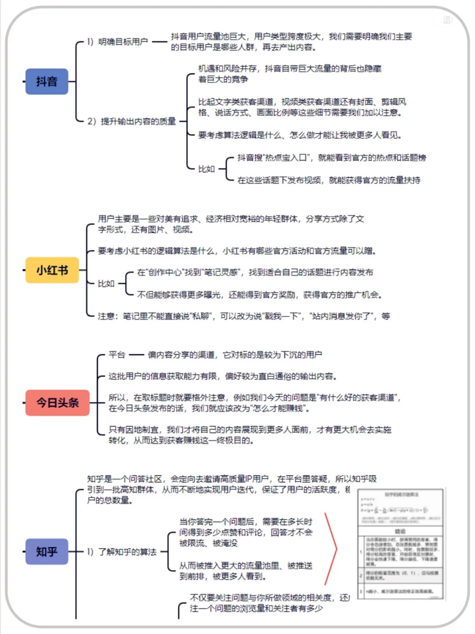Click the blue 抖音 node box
(x=47, y=81)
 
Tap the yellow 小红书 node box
(x=52, y=270)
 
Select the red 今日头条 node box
(x=57, y=402)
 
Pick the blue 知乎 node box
(x=47, y=551)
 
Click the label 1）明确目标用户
(x=117, y=42)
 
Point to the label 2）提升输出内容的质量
(x=132, y=121)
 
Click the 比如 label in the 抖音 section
(x=206, y=169)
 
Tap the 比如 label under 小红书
(x=106, y=284)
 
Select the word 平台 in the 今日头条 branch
(x=117, y=355)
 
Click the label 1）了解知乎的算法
(x=122, y=552)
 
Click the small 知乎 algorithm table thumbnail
(x=401, y=544)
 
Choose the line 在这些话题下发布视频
(x=329, y=180)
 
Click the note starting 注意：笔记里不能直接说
(x=244, y=316)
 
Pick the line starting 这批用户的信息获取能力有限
(x=223, y=376)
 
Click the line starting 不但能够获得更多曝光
(x=259, y=295)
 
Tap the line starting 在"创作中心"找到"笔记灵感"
(x=255, y=273)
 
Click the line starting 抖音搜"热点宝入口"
(x=332, y=157)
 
